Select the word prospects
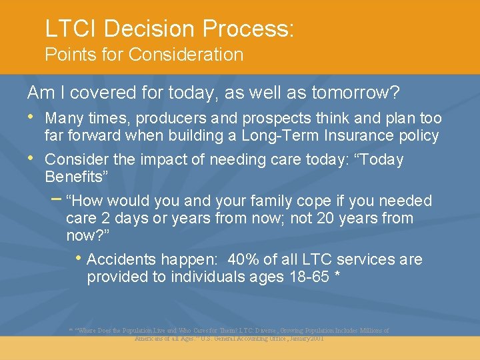tap(267, 119)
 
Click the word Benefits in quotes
tap(76, 177)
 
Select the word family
tap(276, 201)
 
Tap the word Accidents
tap(121, 259)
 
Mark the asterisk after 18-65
tap(339, 275)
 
